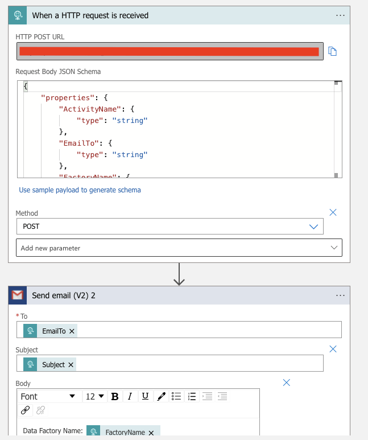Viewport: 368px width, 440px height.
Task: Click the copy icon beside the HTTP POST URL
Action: click(x=333, y=52)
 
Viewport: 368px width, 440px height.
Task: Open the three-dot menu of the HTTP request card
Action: click(x=340, y=15)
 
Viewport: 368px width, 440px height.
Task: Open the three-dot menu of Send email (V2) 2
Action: click(x=340, y=295)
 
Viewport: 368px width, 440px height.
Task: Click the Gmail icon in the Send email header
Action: click(x=18, y=295)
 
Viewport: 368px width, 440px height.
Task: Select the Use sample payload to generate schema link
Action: click(x=80, y=190)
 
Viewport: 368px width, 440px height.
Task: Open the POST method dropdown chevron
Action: click(x=313, y=227)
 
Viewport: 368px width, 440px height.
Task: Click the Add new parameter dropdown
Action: click(x=179, y=248)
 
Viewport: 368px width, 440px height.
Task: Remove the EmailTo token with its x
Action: click(x=72, y=331)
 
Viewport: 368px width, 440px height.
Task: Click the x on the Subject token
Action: click(x=71, y=364)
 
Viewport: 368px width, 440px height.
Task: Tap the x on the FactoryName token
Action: click(x=151, y=433)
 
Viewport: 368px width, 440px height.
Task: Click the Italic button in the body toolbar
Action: click(x=130, y=396)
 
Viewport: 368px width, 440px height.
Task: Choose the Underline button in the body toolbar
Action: click(x=145, y=396)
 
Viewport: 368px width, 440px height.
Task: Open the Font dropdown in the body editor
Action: click(x=48, y=396)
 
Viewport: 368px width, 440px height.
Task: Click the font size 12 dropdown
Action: click(x=94, y=396)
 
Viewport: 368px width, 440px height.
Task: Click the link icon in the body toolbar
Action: click(x=25, y=410)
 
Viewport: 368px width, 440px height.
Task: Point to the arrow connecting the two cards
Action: click(x=179, y=274)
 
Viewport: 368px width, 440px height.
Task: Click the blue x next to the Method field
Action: click(x=333, y=212)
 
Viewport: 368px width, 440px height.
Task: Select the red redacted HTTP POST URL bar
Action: click(x=169, y=52)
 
